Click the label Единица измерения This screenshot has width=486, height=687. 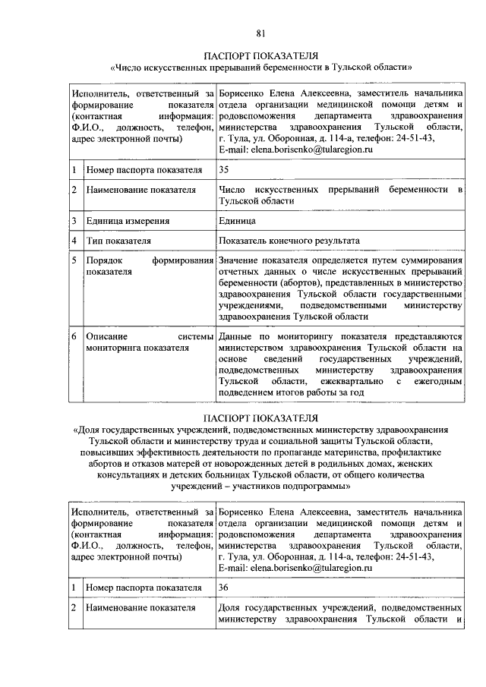127,221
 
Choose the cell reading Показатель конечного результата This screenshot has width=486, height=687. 289,241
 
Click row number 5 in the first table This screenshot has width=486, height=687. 74,260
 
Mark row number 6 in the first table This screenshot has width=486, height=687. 74,335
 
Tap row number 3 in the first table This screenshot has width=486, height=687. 74,221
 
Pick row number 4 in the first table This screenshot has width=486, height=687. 74,241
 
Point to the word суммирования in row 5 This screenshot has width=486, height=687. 431,260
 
